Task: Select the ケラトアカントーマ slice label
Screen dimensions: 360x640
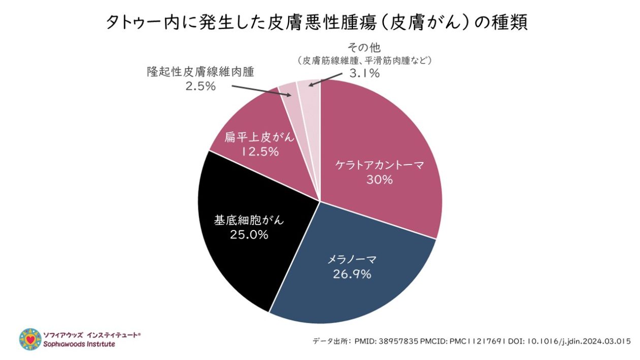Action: click(379, 165)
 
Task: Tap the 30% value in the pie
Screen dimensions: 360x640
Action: click(380, 180)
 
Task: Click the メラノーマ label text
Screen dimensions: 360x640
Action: click(351, 259)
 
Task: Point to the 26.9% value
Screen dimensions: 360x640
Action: click(352, 274)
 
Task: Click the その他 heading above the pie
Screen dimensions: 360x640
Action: click(364, 48)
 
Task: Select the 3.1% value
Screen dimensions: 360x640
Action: click(365, 74)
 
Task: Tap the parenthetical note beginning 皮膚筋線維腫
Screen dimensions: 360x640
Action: click(365, 60)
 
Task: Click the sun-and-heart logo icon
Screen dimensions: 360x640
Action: click(30, 339)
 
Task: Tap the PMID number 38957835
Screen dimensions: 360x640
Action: click(397, 341)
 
